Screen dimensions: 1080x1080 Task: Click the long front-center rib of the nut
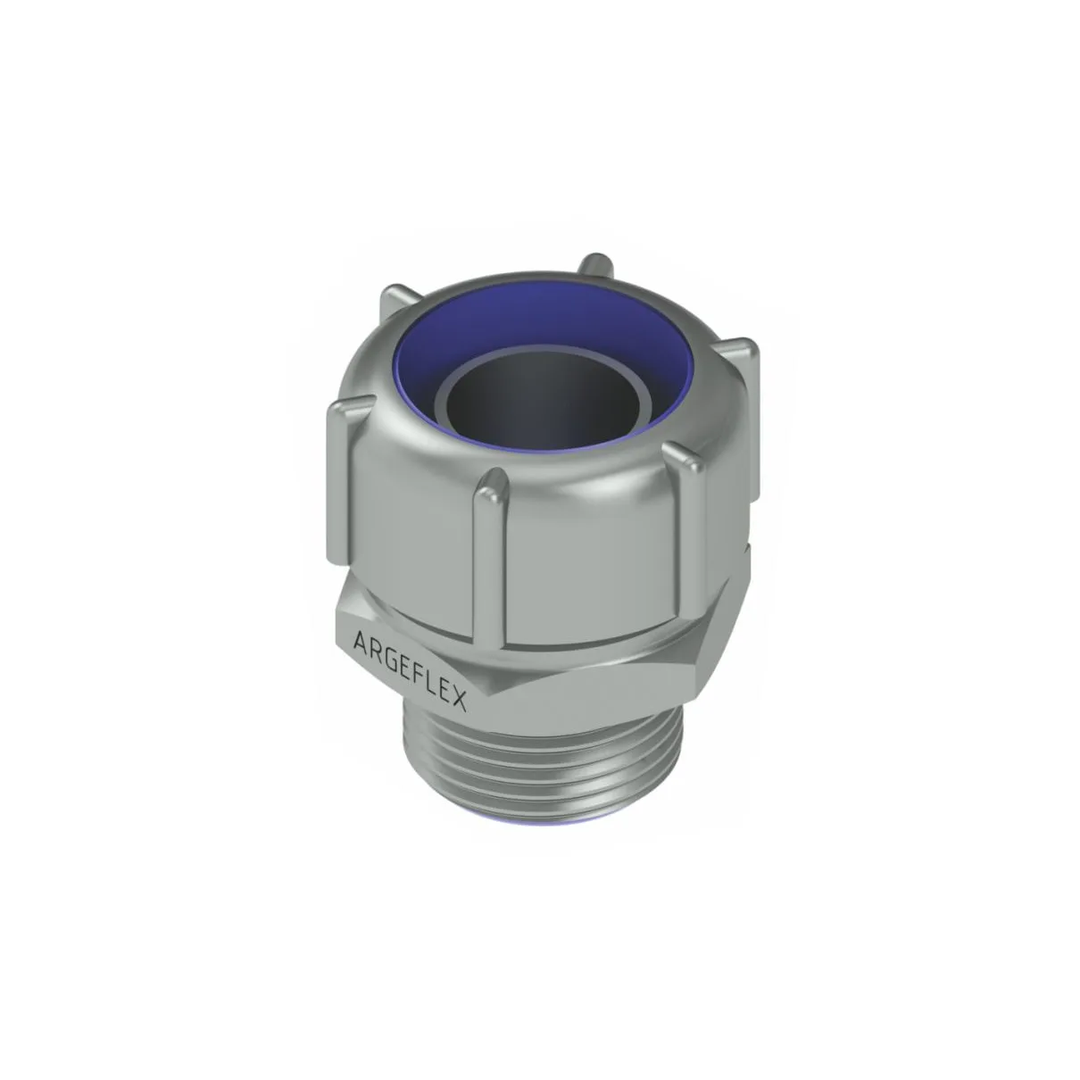tap(491, 553)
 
